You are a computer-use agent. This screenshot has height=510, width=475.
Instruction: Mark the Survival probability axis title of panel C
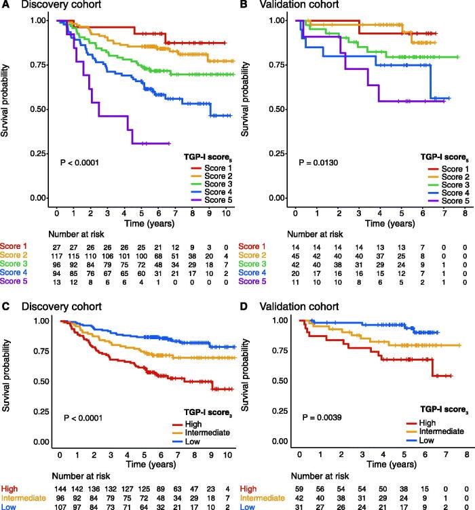pyautogui.click(x=7, y=385)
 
